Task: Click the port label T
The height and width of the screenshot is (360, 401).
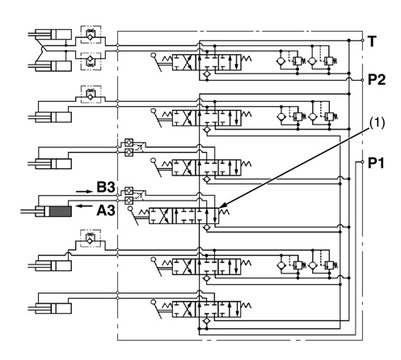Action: pyautogui.click(x=372, y=41)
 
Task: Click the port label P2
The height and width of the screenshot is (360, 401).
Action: pyautogui.click(x=377, y=80)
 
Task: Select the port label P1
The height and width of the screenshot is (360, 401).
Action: pyautogui.click(x=376, y=163)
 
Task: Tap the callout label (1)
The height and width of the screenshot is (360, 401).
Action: pyautogui.click(x=377, y=123)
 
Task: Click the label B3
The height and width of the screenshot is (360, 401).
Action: pyautogui.click(x=106, y=187)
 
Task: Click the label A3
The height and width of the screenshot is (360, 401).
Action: pyautogui.click(x=106, y=210)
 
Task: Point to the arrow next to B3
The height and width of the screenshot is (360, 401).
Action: pyautogui.click(x=84, y=192)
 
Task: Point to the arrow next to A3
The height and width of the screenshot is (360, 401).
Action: pyautogui.click(x=84, y=206)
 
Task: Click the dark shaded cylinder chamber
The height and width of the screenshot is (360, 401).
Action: pyautogui.click(x=61, y=211)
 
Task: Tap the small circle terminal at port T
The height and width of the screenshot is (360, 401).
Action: pyautogui.click(x=362, y=40)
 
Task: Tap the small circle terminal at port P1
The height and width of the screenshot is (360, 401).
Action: pyautogui.click(x=362, y=162)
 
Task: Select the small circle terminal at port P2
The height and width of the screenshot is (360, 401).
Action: pyautogui.click(x=362, y=80)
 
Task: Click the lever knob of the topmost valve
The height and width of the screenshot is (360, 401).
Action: pyautogui.click(x=154, y=56)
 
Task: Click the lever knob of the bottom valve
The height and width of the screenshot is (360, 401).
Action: pyautogui.click(x=154, y=302)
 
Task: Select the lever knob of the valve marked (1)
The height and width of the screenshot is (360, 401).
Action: pyautogui.click(x=131, y=209)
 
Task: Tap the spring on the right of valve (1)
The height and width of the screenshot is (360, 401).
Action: pyautogui.click(x=224, y=212)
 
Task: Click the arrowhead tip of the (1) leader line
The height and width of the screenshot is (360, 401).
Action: pyautogui.click(x=220, y=208)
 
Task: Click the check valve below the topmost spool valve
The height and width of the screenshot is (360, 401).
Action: pyautogui.click(x=207, y=74)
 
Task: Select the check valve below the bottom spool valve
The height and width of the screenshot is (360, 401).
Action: pyautogui.click(x=207, y=321)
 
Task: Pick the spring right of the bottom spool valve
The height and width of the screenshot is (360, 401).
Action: pyautogui.click(x=247, y=306)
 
